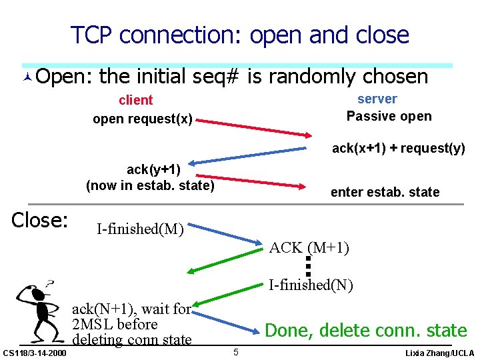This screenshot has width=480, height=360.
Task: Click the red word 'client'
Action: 135,100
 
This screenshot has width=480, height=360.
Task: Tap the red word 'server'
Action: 377,99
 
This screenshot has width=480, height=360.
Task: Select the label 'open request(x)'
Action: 143,119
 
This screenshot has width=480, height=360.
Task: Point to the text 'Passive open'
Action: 389,116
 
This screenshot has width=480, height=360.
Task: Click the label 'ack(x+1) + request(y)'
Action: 399,148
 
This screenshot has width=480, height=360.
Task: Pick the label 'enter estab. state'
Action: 385,192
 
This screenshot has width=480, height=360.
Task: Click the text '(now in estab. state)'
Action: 150,185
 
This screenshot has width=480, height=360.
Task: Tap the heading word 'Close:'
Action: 41,220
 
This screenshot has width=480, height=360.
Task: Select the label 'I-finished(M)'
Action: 140,230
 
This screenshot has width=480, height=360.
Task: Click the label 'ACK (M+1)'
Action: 309,248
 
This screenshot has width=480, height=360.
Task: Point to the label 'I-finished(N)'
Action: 311,285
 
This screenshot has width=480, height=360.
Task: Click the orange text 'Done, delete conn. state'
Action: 366,330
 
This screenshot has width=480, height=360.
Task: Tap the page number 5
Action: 236,351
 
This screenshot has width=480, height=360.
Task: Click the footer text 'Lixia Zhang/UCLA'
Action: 440,353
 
